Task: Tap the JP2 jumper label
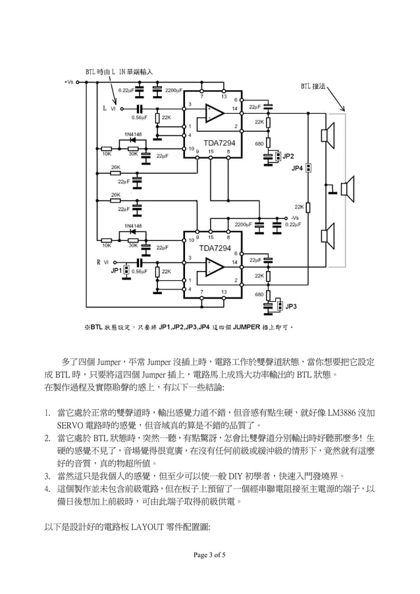288,156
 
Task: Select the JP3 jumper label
290,307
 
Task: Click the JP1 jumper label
116,270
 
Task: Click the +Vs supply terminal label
69,82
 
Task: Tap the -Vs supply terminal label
294,218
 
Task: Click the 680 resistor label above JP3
259,294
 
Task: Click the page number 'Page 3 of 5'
209,555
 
